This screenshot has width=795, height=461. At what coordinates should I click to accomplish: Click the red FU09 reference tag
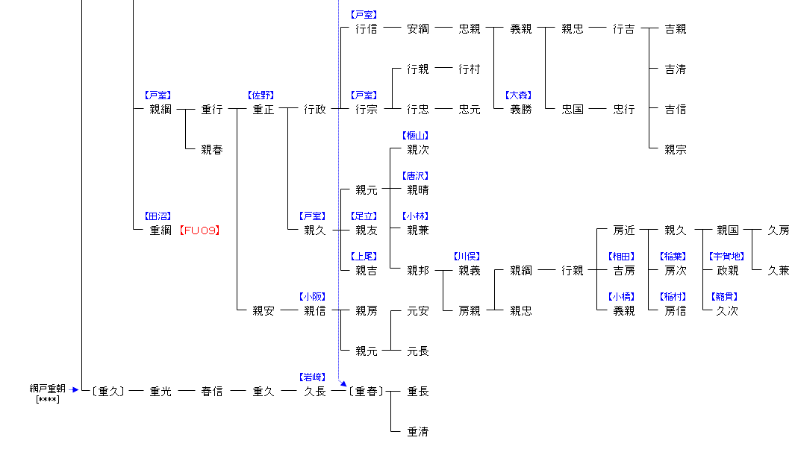(x=200, y=230)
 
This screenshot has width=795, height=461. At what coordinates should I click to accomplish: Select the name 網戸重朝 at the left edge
(x=48, y=389)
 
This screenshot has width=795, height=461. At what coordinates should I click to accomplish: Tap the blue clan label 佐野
(x=261, y=95)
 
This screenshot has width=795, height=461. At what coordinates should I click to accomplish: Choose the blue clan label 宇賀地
(x=726, y=257)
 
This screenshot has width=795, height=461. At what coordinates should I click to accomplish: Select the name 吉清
(x=675, y=69)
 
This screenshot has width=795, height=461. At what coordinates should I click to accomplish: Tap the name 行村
(x=469, y=69)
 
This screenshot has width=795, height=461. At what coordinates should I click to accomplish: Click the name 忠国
(x=573, y=110)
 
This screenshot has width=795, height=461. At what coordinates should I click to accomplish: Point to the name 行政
(x=314, y=110)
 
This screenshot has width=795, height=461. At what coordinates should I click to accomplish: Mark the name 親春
(x=211, y=150)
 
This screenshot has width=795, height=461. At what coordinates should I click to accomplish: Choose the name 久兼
(x=778, y=271)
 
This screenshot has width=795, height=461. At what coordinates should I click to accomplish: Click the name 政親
(x=727, y=271)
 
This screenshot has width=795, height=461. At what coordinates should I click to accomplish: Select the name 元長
(x=417, y=351)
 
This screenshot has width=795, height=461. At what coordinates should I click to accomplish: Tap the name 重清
(x=417, y=432)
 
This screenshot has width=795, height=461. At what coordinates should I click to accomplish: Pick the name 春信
(x=211, y=392)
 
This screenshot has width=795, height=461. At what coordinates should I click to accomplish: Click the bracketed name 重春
(x=366, y=392)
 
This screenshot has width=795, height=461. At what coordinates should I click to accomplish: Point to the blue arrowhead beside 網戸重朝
(x=75, y=389)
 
